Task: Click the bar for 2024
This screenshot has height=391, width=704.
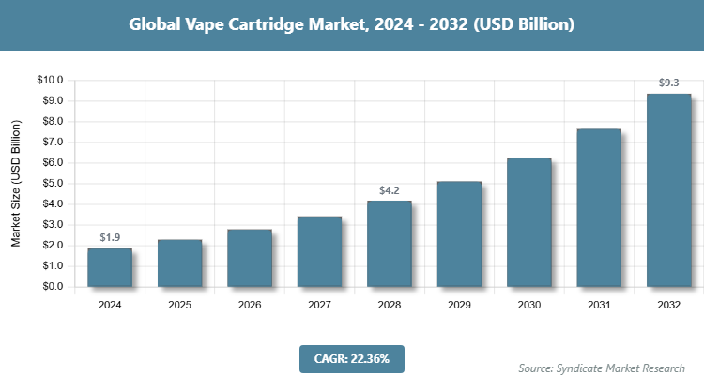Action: (110, 267)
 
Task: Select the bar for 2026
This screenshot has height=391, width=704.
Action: (250, 258)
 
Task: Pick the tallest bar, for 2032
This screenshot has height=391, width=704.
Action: (668, 190)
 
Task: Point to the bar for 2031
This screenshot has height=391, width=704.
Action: (599, 207)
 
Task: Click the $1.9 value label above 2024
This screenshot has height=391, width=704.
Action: (110, 237)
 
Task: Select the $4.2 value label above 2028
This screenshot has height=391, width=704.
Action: (390, 190)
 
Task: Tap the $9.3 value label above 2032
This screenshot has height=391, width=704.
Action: (668, 83)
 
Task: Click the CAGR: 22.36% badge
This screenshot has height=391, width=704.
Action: (351, 358)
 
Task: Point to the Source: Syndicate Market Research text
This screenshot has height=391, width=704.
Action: (602, 368)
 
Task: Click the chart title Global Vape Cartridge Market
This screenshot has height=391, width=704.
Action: (351, 24)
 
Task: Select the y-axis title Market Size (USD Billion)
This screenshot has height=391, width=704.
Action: (16, 183)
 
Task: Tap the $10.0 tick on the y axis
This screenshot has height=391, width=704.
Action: (49, 81)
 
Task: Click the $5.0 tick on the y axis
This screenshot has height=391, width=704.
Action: (51, 184)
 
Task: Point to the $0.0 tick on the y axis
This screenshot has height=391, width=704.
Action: (51, 287)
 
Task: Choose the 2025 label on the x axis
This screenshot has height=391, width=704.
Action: (179, 305)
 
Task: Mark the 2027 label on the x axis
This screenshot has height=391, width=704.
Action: (319, 305)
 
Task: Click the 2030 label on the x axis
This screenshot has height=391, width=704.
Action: (528, 305)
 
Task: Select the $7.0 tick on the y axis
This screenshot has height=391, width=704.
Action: (51, 143)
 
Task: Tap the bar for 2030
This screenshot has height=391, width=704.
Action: (528, 222)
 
